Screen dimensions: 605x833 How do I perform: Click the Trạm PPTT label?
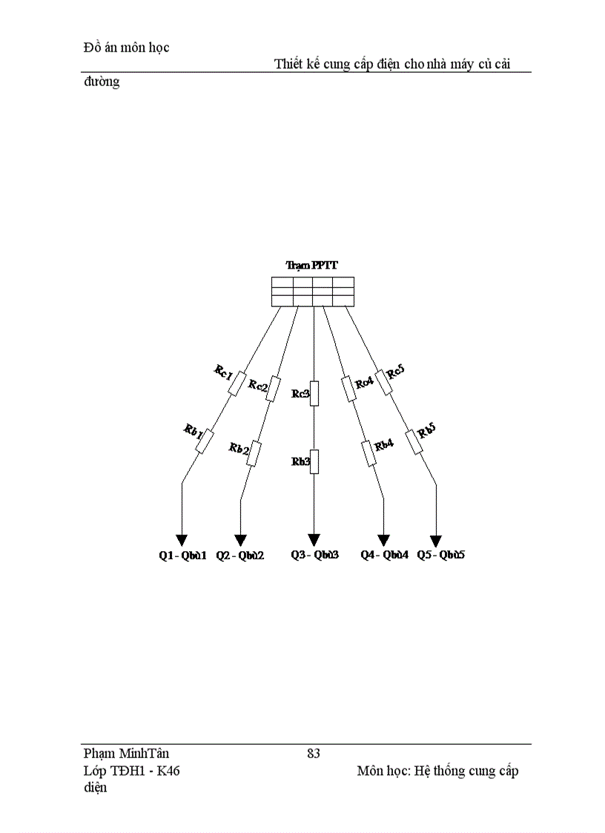click(312, 265)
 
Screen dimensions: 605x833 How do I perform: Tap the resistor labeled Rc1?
click(237, 384)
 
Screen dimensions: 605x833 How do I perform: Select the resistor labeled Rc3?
click(314, 393)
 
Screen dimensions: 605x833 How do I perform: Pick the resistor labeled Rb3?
click(314, 461)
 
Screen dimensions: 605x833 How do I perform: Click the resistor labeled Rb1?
click(205, 442)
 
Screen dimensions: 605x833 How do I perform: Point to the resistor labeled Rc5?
click(383, 383)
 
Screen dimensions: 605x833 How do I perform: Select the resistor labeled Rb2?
click(254, 454)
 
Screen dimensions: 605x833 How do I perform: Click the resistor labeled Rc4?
click(348, 389)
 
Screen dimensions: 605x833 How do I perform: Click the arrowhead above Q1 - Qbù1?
click(182, 541)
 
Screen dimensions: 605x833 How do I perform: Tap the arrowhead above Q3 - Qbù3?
click(314, 540)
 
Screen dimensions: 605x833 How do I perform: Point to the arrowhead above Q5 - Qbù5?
click(436, 541)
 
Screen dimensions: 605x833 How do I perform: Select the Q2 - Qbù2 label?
click(240, 556)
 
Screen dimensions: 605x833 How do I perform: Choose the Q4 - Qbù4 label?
click(385, 555)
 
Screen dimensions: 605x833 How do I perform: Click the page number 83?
click(314, 754)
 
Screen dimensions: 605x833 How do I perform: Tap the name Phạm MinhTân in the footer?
click(127, 754)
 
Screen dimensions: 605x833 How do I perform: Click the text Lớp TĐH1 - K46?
click(132, 770)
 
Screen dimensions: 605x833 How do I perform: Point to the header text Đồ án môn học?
click(127, 47)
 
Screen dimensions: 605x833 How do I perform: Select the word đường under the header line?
click(102, 82)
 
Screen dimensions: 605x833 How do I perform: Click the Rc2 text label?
click(258, 386)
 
